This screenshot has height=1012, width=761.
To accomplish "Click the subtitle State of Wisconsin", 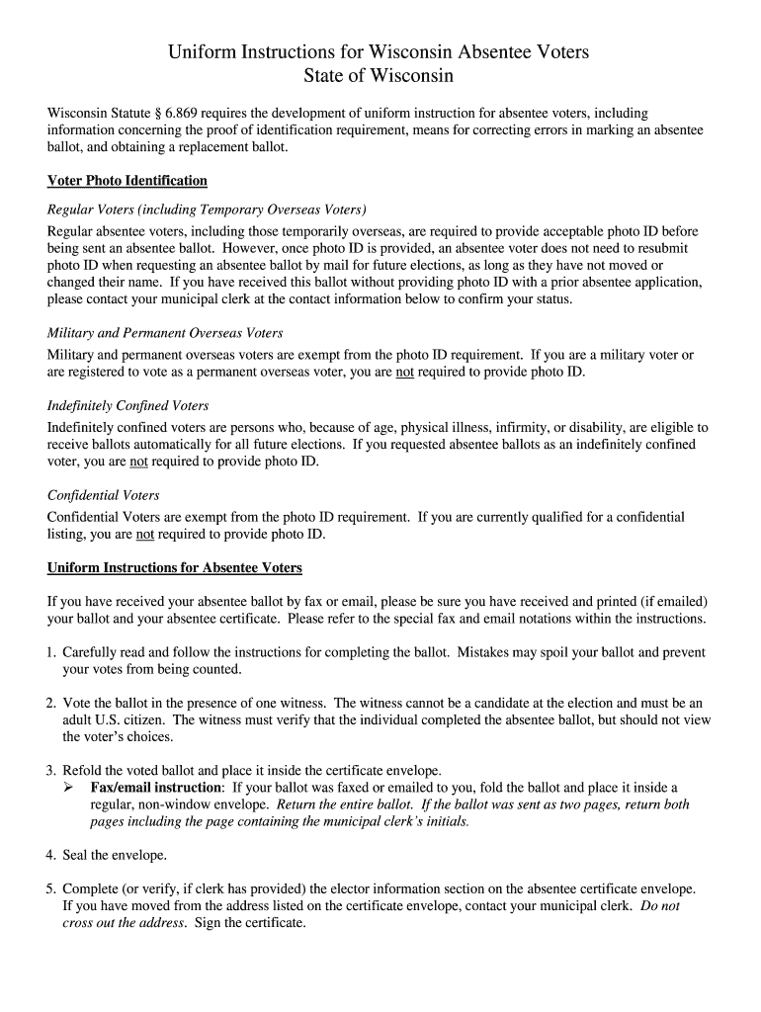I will (x=380, y=76).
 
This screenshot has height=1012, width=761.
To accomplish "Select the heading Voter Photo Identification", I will (x=127, y=181).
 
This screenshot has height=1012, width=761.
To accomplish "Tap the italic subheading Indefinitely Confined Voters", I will (x=127, y=406).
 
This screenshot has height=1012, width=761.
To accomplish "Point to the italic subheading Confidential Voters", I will (x=103, y=495).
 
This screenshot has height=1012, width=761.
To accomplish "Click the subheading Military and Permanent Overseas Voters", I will (x=165, y=333).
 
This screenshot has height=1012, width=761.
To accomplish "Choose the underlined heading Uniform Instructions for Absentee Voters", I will (x=175, y=568).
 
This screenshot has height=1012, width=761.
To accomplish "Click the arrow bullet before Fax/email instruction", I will (x=70, y=788).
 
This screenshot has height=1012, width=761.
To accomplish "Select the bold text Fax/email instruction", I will (x=156, y=788).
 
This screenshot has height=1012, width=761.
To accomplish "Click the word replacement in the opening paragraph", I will (x=220, y=146).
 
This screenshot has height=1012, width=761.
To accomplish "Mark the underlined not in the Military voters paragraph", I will (x=404, y=373).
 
